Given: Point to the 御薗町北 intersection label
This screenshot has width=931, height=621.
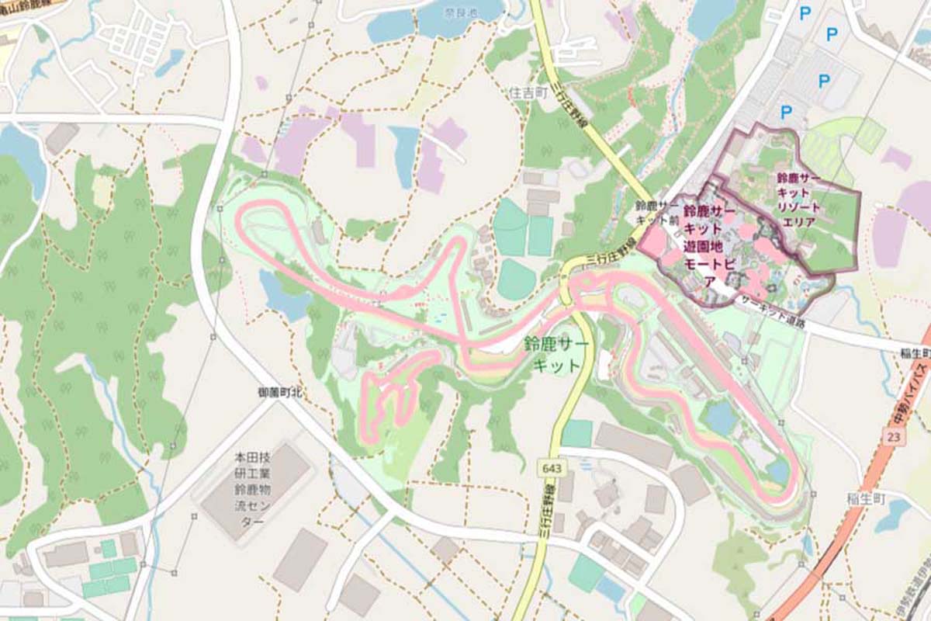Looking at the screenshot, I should pos(279,394).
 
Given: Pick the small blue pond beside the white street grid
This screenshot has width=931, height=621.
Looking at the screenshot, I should pos(169,63).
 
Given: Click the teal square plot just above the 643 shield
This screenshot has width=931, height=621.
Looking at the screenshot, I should pos(576,433).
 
